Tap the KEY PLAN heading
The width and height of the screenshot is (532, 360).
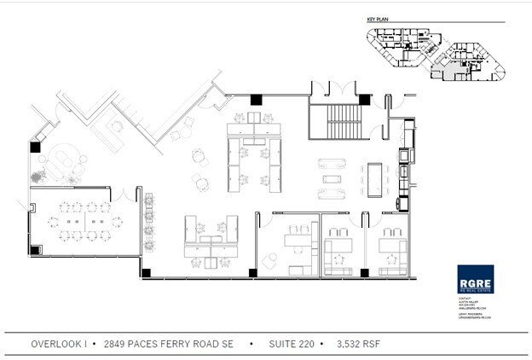pyautogui.click(x=377, y=19)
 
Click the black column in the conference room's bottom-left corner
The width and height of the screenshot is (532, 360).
pyautogui.click(x=35, y=250)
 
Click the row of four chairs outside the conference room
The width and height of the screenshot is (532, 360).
pyautogui.click(x=151, y=217)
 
